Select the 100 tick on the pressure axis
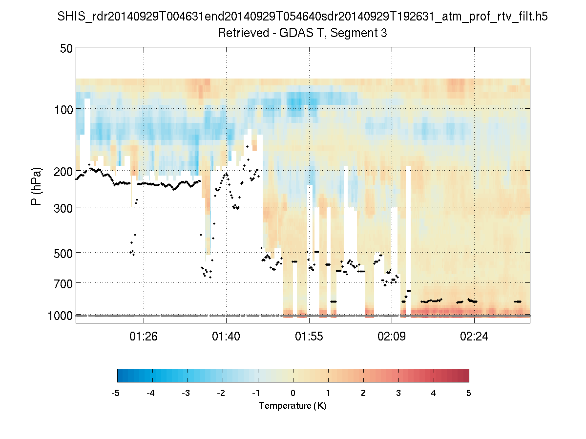(x=63, y=109)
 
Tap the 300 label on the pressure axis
(x=63, y=207)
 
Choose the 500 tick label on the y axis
(x=63, y=253)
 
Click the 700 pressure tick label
(x=63, y=283)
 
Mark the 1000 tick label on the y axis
(x=60, y=316)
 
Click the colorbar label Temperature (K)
(x=293, y=406)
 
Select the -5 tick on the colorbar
(x=116, y=393)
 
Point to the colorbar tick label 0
(x=293, y=393)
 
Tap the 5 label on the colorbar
(x=469, y=393)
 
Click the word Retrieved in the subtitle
(x=241, y=33)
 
